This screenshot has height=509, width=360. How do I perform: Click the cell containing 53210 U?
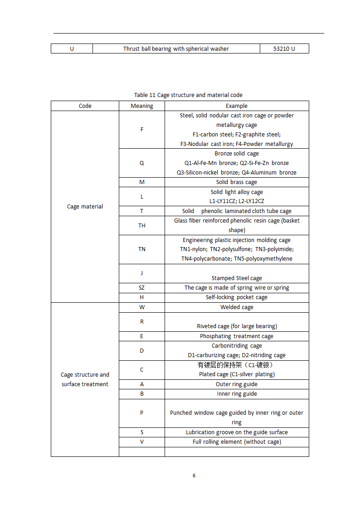pos(284,48)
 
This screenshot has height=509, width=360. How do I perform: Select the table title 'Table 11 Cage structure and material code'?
pos(188,95)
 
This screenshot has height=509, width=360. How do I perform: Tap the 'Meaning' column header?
pos(142,106)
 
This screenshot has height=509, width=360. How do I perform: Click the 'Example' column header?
pos(237,106)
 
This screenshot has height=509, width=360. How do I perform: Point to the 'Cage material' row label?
pos(85,207)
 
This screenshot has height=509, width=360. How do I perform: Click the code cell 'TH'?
pos(142,225)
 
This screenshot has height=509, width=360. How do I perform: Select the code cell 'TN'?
pos(142,249)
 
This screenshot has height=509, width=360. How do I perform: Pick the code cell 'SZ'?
pos(142,288)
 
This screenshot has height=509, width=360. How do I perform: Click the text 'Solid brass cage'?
pos(237,182)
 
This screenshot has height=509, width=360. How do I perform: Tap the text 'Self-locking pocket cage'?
pos(237,297)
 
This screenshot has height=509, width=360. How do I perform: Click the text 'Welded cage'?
pos(237,307)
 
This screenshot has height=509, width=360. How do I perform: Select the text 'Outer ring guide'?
pos(237,384)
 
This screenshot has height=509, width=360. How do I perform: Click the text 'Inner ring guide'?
pos(237,394)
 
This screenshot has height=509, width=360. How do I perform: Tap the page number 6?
pos(194,475)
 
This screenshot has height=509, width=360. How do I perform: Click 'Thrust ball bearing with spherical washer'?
pos(176,48)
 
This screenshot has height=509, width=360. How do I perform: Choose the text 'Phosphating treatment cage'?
pos(237,336)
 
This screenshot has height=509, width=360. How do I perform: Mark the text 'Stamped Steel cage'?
pos(237,278)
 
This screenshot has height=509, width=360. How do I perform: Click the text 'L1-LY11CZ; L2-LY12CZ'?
pos(237,201)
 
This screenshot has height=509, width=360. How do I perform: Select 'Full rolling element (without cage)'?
pos(237,442)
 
